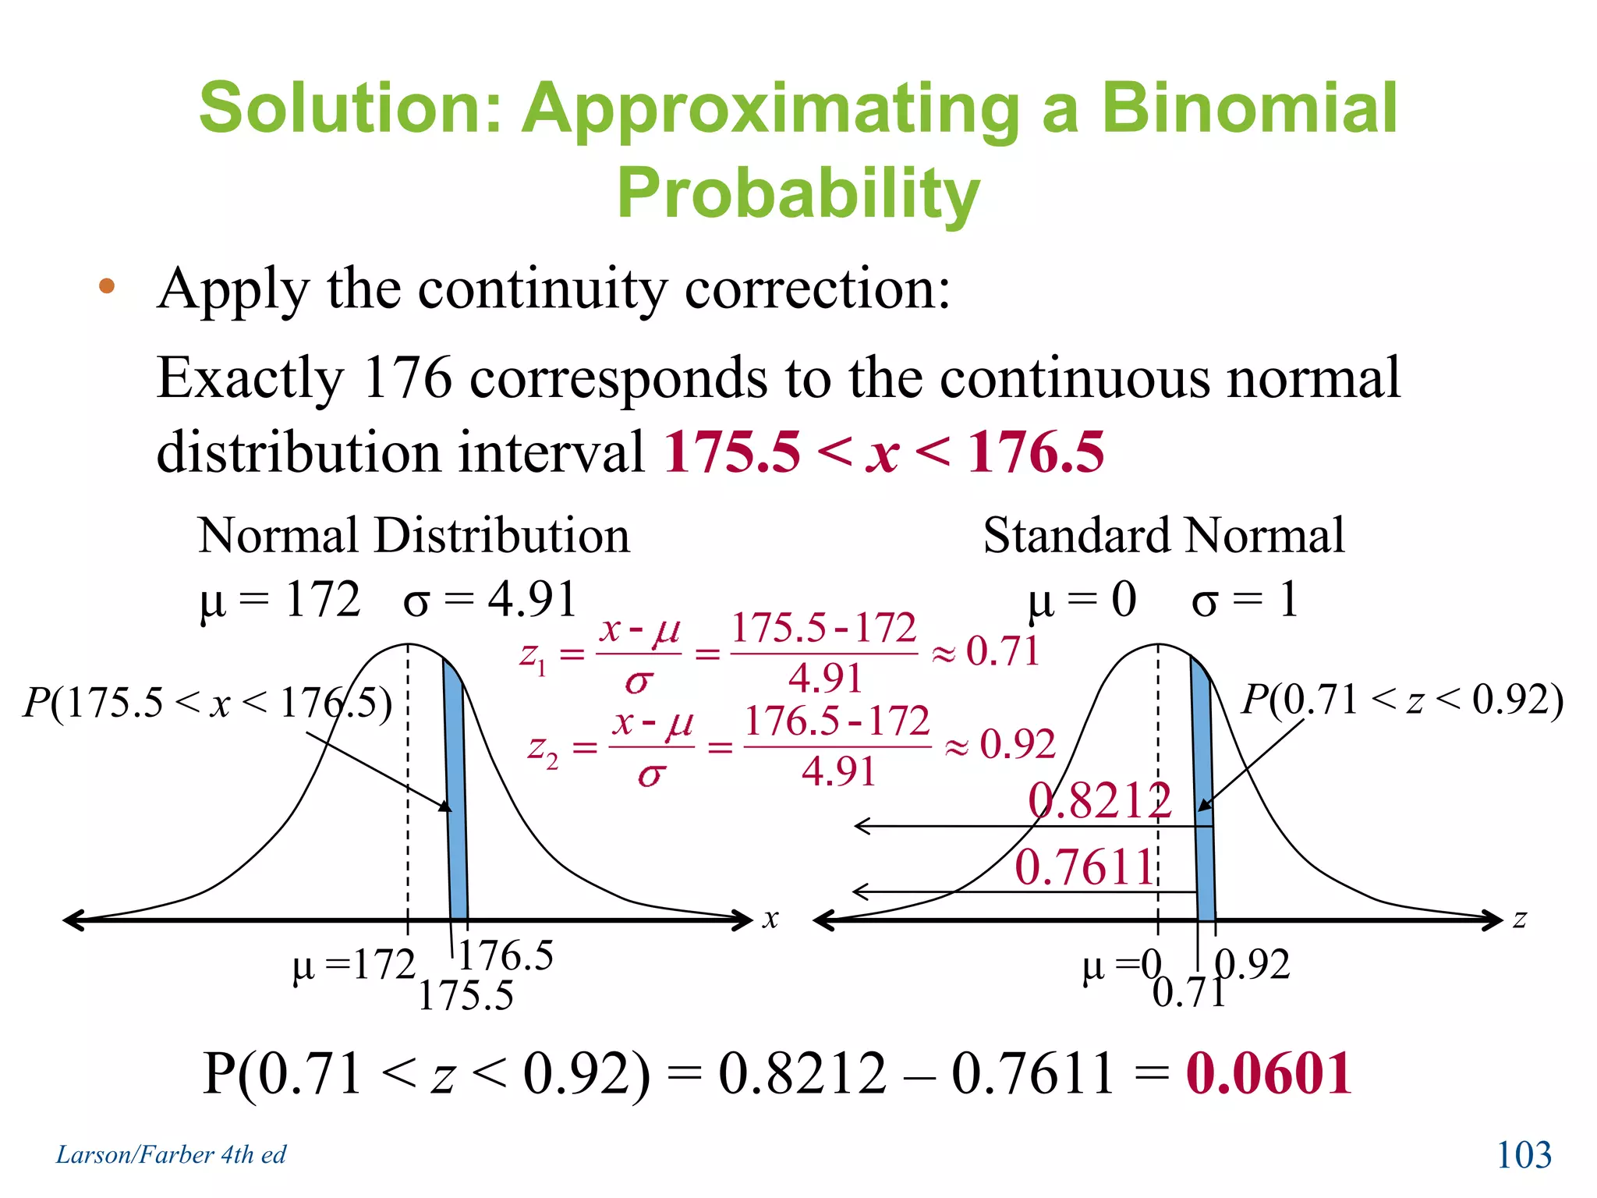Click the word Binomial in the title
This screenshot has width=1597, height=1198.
click(1248, 109)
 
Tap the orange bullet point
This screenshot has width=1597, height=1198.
click(107, 286)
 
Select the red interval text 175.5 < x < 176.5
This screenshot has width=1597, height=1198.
click(883, 452)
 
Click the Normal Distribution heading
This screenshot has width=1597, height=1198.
click(413, 536)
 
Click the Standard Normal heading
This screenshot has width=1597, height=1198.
click(1163, 536)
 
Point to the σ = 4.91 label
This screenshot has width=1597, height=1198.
click(490, 600)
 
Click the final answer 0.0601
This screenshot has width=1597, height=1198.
click(1269, 1074)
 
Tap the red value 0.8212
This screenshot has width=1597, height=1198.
click(1099, 800)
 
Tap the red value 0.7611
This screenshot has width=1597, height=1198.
click(1084, 867)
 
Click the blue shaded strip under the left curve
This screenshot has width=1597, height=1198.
click(457, 819)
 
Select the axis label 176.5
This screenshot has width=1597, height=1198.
click(506, 955)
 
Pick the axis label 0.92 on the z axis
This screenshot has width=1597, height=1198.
click(1253, 965)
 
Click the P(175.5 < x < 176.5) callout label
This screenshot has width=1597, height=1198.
click(207, 702)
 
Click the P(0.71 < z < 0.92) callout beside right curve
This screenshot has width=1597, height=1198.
click(1402, 700)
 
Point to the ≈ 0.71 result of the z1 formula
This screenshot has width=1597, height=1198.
click(986, 651)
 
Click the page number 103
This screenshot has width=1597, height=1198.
click(1524, 1154)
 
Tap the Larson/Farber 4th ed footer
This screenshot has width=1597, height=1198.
click(171, 1154)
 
